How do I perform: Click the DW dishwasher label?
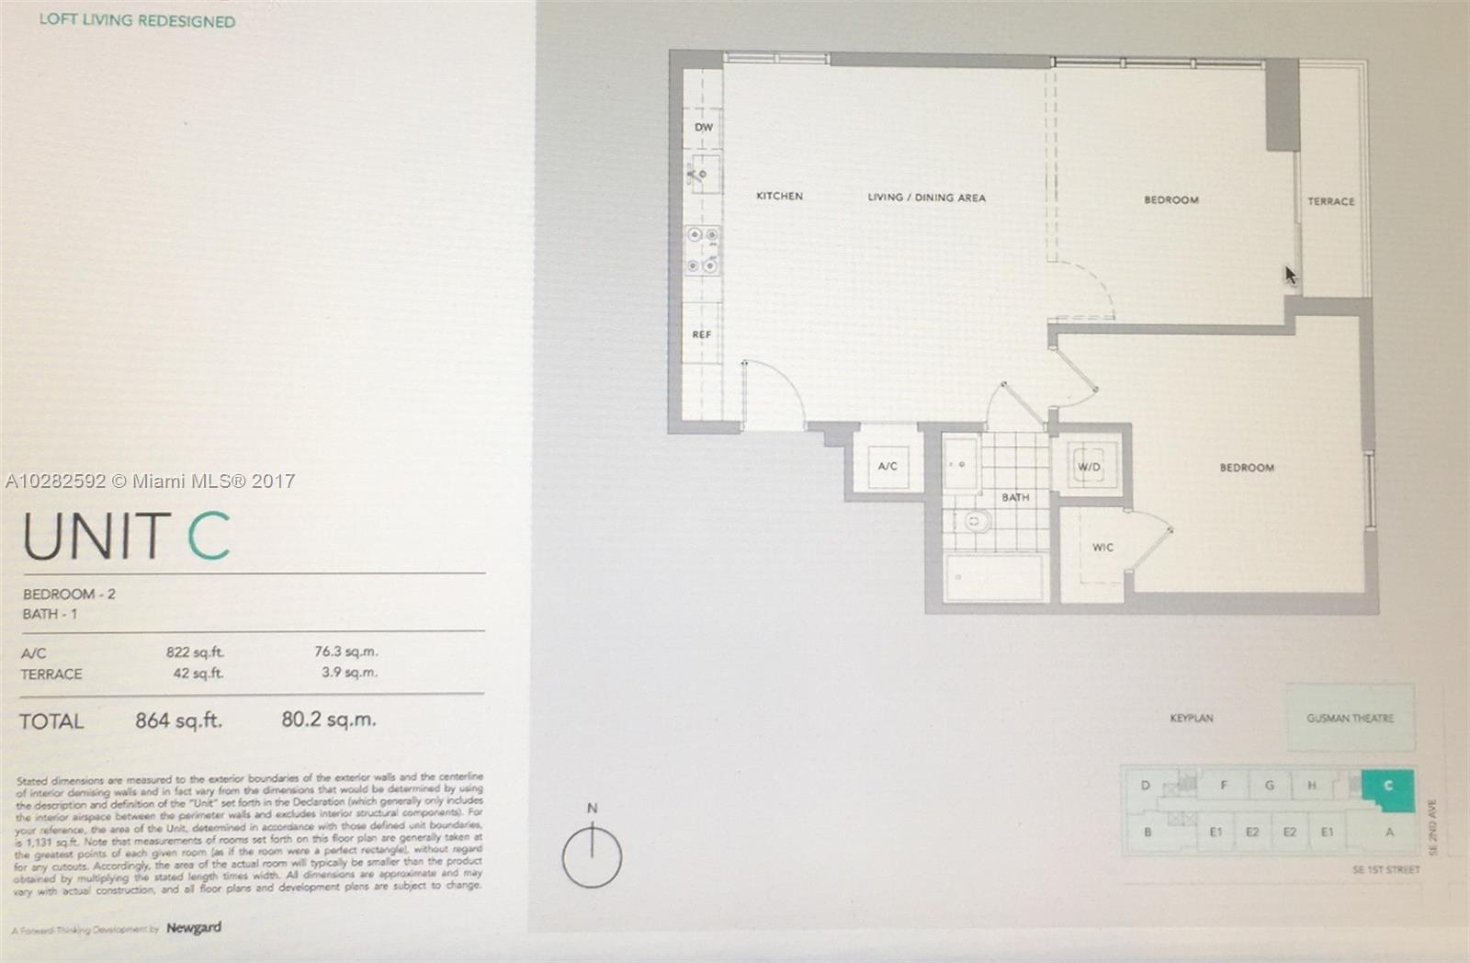click(x=704, y=128)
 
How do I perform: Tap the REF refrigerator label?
click(x=702, y=334)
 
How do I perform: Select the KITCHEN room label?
click(x=779, y=196)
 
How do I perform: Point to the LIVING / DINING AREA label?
click(x=926, y=198)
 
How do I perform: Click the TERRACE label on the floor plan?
click(x=1330, y=201)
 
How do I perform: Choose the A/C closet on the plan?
click(x=887, y=466)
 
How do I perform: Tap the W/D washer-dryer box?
click(x=1089, y=467)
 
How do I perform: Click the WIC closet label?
click(x=1102, y=548)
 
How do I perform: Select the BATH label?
click(x=1015, y=497)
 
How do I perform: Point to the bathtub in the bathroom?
click(x=994, y=578)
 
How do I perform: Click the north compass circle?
click(x=592, y=856)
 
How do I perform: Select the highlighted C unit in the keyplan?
click(x=1387, y=787)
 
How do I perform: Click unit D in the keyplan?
click(x=1146, y=786)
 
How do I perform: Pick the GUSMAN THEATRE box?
click(x=1350, y=718)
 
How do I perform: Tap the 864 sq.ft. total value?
click(x=178, y=720)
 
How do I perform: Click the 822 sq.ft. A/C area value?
click(x=194, y=652)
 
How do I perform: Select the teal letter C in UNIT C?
click(x=209, y=537)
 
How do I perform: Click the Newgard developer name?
click(x=194, y=928)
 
